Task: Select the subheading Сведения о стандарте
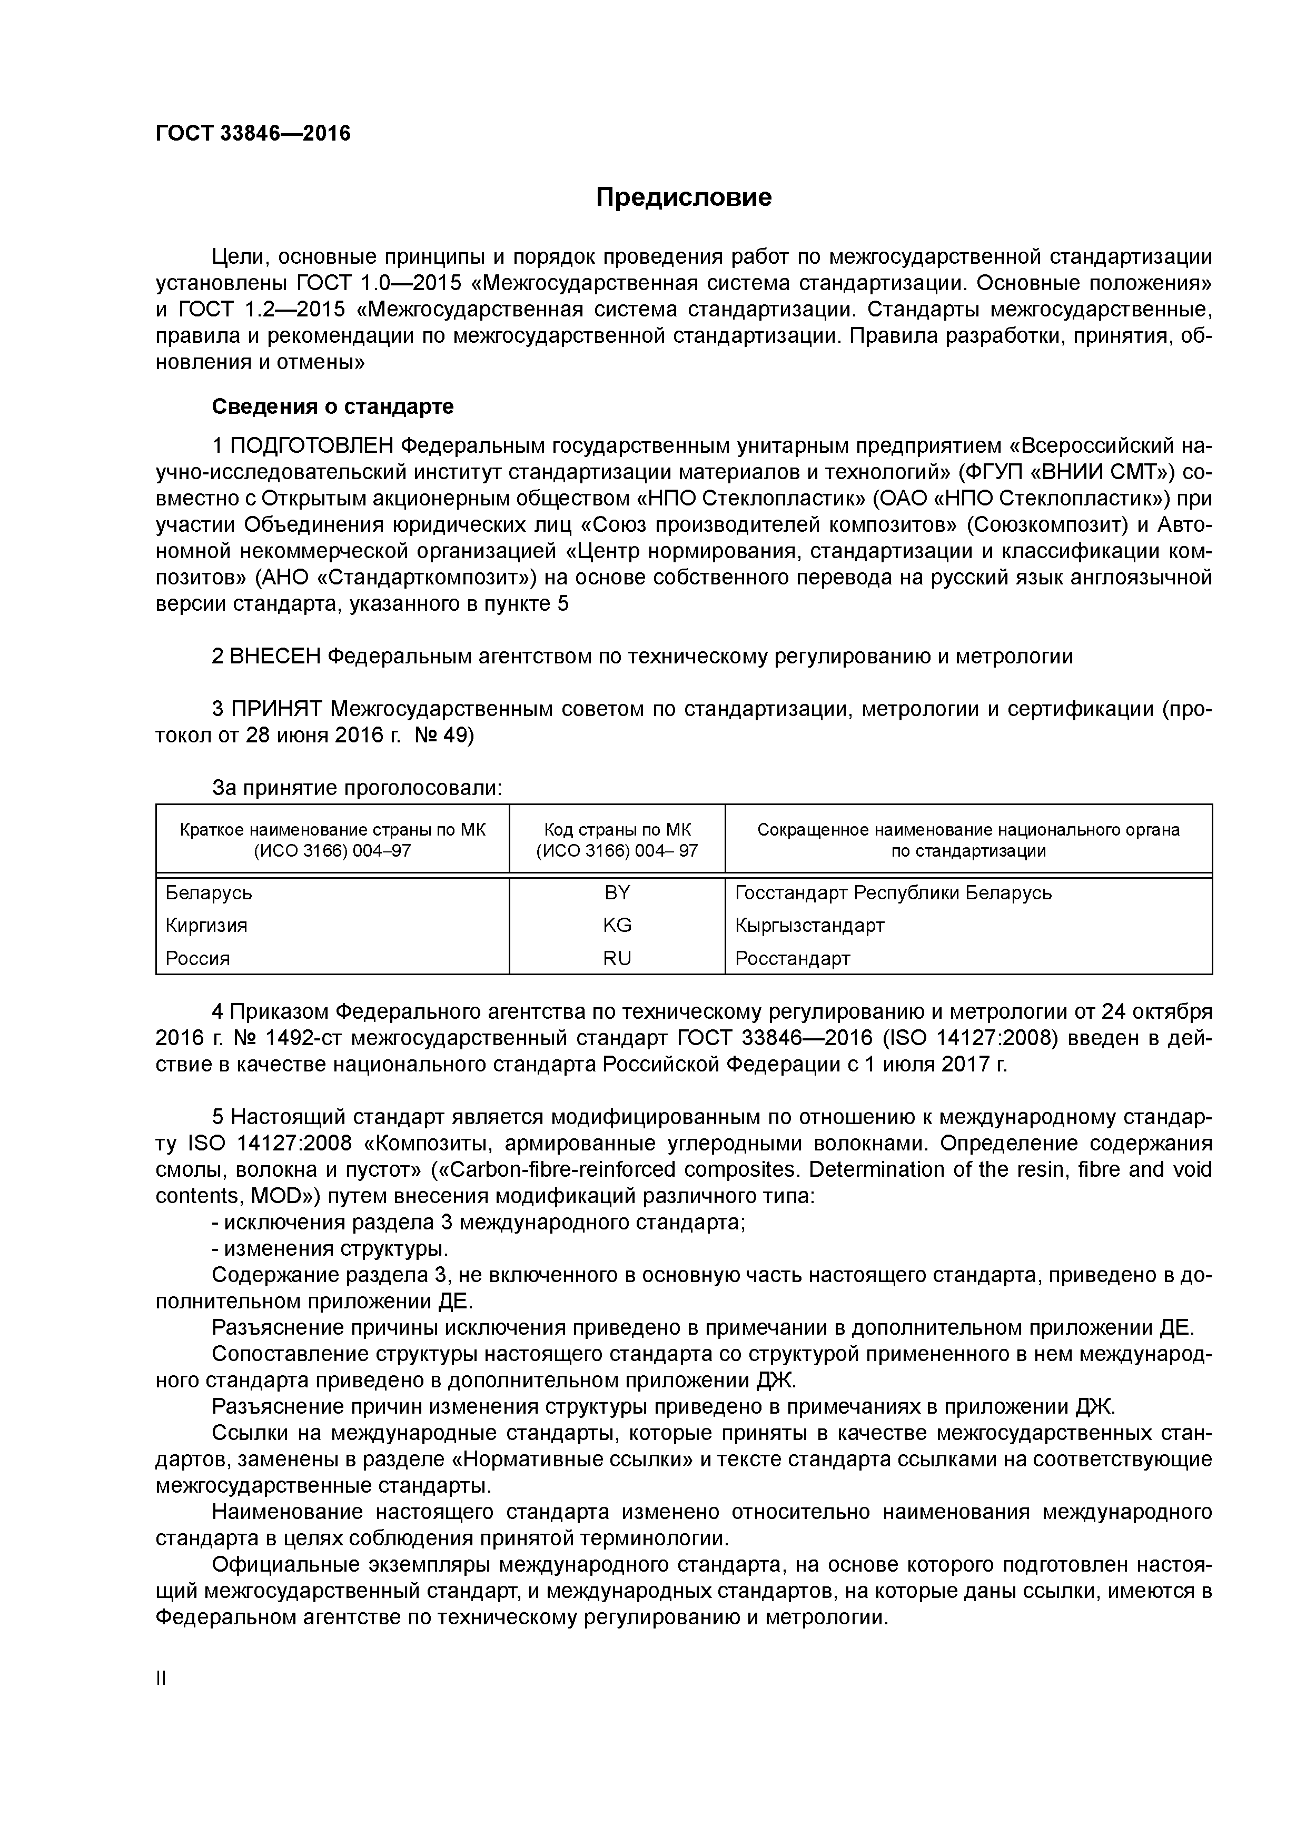[332, 407]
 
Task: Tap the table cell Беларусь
[209, 893]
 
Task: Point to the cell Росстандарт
[792, 958]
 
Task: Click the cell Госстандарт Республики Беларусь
[893, 893]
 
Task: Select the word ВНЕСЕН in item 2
[275, 657]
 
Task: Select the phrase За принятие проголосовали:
[357, 788]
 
